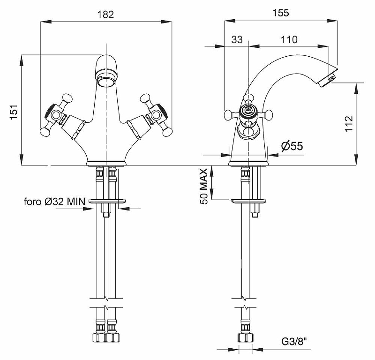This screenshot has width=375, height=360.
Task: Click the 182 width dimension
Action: point(107,15)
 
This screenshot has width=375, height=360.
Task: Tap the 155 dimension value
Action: point(281,14)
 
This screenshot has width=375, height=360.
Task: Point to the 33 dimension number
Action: point(237,40)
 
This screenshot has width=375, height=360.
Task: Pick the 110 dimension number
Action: point(289,40)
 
